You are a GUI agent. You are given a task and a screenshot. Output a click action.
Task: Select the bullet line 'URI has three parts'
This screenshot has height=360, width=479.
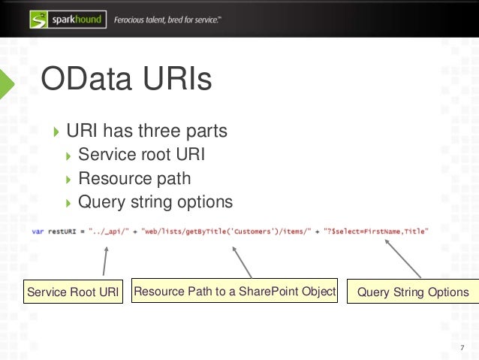[146, 132]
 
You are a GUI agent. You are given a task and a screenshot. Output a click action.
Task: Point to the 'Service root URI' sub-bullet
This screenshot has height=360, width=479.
[140, 155]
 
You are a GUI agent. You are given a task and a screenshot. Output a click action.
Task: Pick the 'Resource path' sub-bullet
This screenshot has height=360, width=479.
[134, 179]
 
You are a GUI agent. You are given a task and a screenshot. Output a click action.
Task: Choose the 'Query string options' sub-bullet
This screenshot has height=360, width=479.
[155, 202]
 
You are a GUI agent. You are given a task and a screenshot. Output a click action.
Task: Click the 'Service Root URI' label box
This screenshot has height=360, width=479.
[73, 292]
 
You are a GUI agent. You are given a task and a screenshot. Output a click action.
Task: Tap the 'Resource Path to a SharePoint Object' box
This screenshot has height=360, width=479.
[234, 292]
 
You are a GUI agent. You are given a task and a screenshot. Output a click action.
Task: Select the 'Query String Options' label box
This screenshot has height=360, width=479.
[412, 292]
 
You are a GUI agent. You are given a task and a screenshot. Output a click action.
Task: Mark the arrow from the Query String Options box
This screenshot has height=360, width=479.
[401, 260]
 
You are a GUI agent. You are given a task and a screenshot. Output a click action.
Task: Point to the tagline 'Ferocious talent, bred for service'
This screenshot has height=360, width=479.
[167, 20]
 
